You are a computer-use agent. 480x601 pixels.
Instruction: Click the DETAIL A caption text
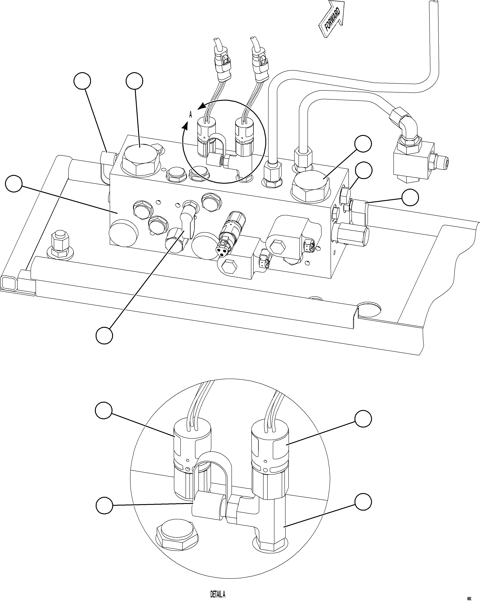tap(217, 593)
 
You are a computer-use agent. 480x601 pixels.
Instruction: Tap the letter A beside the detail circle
tap(190, 115)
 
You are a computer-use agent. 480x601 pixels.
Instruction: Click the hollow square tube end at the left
tap(8, 283)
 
